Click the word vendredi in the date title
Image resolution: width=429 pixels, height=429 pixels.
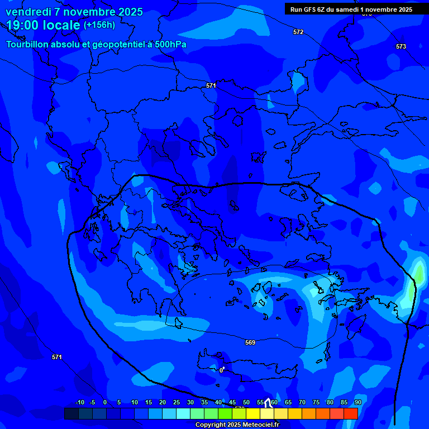(x=28, y=12)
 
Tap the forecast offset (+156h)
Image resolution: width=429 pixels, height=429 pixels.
(x=99, y=25)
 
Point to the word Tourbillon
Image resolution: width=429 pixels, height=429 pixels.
(x=28, y=45)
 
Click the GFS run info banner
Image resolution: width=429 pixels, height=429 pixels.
(x=351, y=9)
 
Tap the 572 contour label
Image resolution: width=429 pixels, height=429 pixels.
(x=298, y=32)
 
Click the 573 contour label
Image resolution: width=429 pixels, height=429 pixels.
(x=401, y=46)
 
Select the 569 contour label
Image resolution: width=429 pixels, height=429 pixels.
(x=250, y=342)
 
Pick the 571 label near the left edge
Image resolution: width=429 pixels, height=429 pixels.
(x=56, y=357)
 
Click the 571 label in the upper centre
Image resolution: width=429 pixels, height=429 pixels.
(x=211, y=85)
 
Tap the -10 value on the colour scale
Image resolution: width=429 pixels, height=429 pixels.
(x=79, y=403)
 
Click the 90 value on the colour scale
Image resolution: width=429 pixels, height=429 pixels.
(x=357, y=403)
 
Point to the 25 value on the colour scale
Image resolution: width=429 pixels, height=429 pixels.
(x=177, y=403)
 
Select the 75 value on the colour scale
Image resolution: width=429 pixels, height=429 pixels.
(x=316, y=403)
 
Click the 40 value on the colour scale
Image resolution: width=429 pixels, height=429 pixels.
(x=218, y=403)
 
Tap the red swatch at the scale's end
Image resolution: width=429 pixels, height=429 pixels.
(x=350, y=413)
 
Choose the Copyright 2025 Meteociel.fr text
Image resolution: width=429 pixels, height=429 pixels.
(x=237, y=425)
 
